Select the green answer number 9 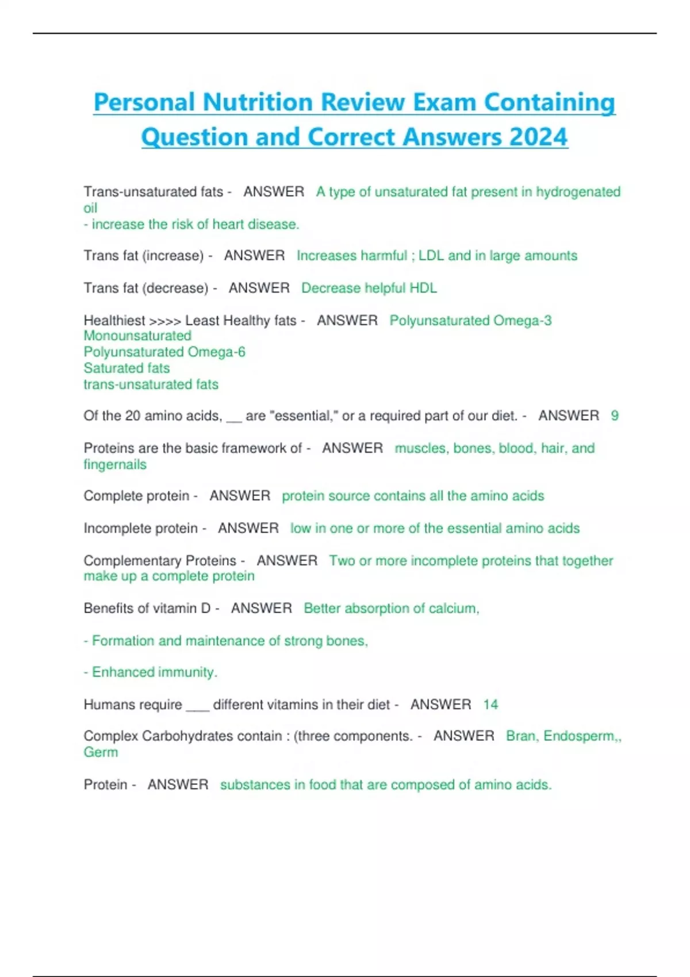point(615,416)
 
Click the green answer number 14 point(490,705)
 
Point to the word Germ point(101,752)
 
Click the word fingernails point(115,464)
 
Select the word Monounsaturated point(137,336)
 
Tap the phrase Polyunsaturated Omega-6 point(164,352)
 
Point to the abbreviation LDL point(431,256)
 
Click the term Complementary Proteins point(160,560)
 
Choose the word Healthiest point(114,320)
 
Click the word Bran point(521,736)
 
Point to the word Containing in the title point(549,102)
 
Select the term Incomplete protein point(140,528)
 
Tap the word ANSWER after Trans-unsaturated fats point(274,192)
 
